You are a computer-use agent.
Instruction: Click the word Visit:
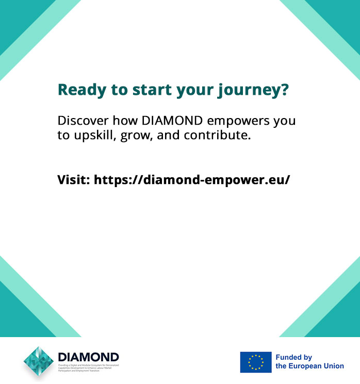(74, 180)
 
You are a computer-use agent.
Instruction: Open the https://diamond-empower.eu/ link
(192, 180)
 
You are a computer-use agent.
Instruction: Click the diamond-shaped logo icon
(39, 362)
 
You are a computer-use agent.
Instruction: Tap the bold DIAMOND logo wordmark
(88, 357)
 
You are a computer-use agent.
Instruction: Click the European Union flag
(255, 362)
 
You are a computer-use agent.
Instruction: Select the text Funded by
(293, 357)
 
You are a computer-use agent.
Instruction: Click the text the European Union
(309, 366)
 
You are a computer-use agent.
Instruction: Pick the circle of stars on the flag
(255, 362)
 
